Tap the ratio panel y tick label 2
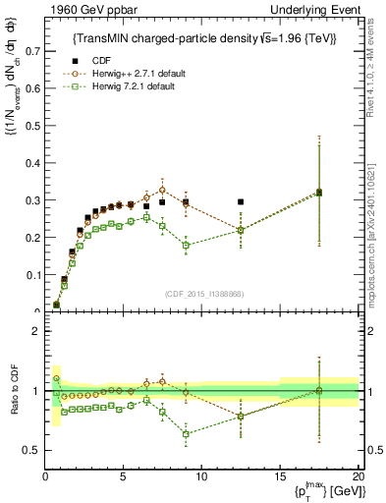[36, 331]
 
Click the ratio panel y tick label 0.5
[31, 450]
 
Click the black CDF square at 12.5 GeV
[241, 201]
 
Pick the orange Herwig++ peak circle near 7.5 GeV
[162, 190]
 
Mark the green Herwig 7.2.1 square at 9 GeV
[186, 245]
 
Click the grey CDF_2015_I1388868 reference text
[202, 295]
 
